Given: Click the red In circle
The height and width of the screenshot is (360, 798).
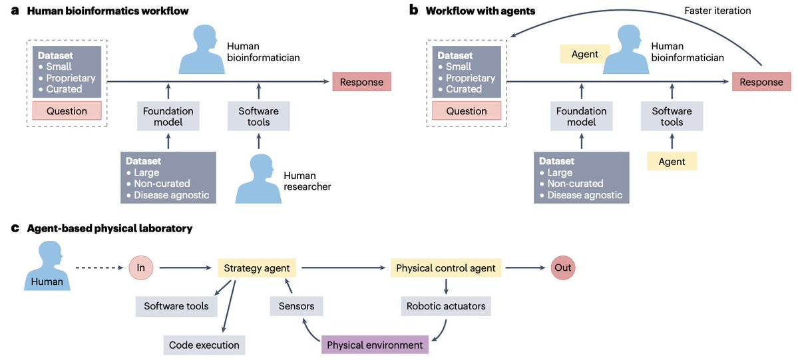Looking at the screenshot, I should pos(141,268).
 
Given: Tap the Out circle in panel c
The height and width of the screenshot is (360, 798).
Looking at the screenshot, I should pos(562,268).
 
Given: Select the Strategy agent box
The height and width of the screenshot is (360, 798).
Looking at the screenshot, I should pos(257,268).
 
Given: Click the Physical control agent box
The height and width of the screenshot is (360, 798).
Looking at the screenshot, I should pos(446,268).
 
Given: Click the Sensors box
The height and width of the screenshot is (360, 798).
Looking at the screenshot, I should pos(296,307).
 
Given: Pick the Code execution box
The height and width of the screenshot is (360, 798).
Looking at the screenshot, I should pos(204,345).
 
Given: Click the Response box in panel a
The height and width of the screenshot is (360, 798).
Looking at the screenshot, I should pos(361,82).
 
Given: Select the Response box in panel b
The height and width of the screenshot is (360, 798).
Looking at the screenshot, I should pos(761,82).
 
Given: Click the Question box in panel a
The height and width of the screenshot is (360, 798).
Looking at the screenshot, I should pos(67,111).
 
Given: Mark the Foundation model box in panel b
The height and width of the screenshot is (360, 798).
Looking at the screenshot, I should pos(582,117).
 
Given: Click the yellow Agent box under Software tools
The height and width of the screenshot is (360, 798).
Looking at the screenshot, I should pos(672,161).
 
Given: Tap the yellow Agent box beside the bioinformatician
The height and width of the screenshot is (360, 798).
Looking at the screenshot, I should pos(585,54).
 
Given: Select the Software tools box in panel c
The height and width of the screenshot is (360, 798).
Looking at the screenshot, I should pos(176,307).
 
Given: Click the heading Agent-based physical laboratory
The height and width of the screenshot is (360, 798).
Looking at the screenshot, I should pos(109,228).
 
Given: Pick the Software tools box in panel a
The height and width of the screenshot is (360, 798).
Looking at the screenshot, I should pos(259,117).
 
